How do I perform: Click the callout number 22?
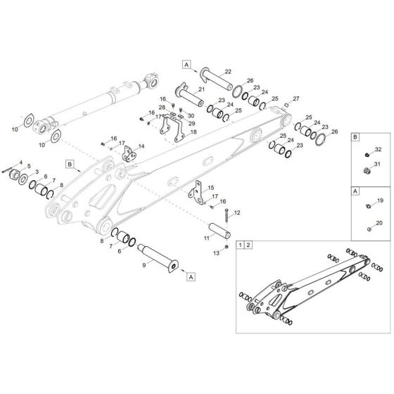[228, 72]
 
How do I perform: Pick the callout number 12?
[237, 212]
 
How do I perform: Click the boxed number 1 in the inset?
[241, 245]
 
